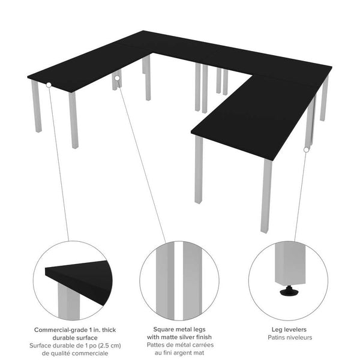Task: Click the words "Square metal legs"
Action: click(179, 329)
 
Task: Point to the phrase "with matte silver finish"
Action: click(179, 337)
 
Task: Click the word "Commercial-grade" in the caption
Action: click(59, 330)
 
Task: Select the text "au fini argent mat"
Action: click(179, 353)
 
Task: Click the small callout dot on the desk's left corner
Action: click(48, 85)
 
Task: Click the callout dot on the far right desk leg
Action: click(307, 149)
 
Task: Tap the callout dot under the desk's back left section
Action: click(117, 77)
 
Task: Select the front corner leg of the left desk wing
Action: click(73, 120)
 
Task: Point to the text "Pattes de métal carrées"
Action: click(179, 345)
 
